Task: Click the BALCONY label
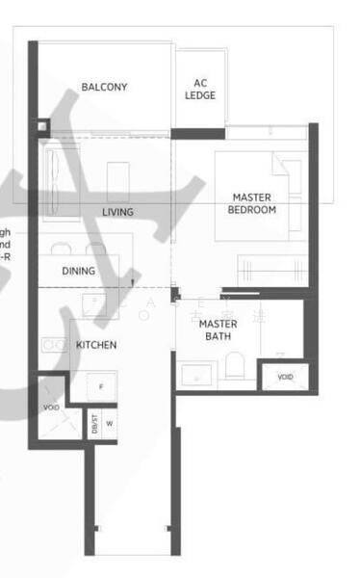[104, 88]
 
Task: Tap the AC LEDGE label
[200, 89]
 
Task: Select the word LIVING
[117, 212]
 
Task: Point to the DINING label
[79, 271]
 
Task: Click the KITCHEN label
[96, 344]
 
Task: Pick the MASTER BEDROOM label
[252, 203]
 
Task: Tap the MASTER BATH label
[219, 330]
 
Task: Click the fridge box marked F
[100, 385]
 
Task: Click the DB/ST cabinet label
[94, 424]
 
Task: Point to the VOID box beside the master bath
[284, 377]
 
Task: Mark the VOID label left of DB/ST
[51, 408]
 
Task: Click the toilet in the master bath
[234, 365]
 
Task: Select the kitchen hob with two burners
[48, 344]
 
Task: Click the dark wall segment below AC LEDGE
[197, 133]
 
